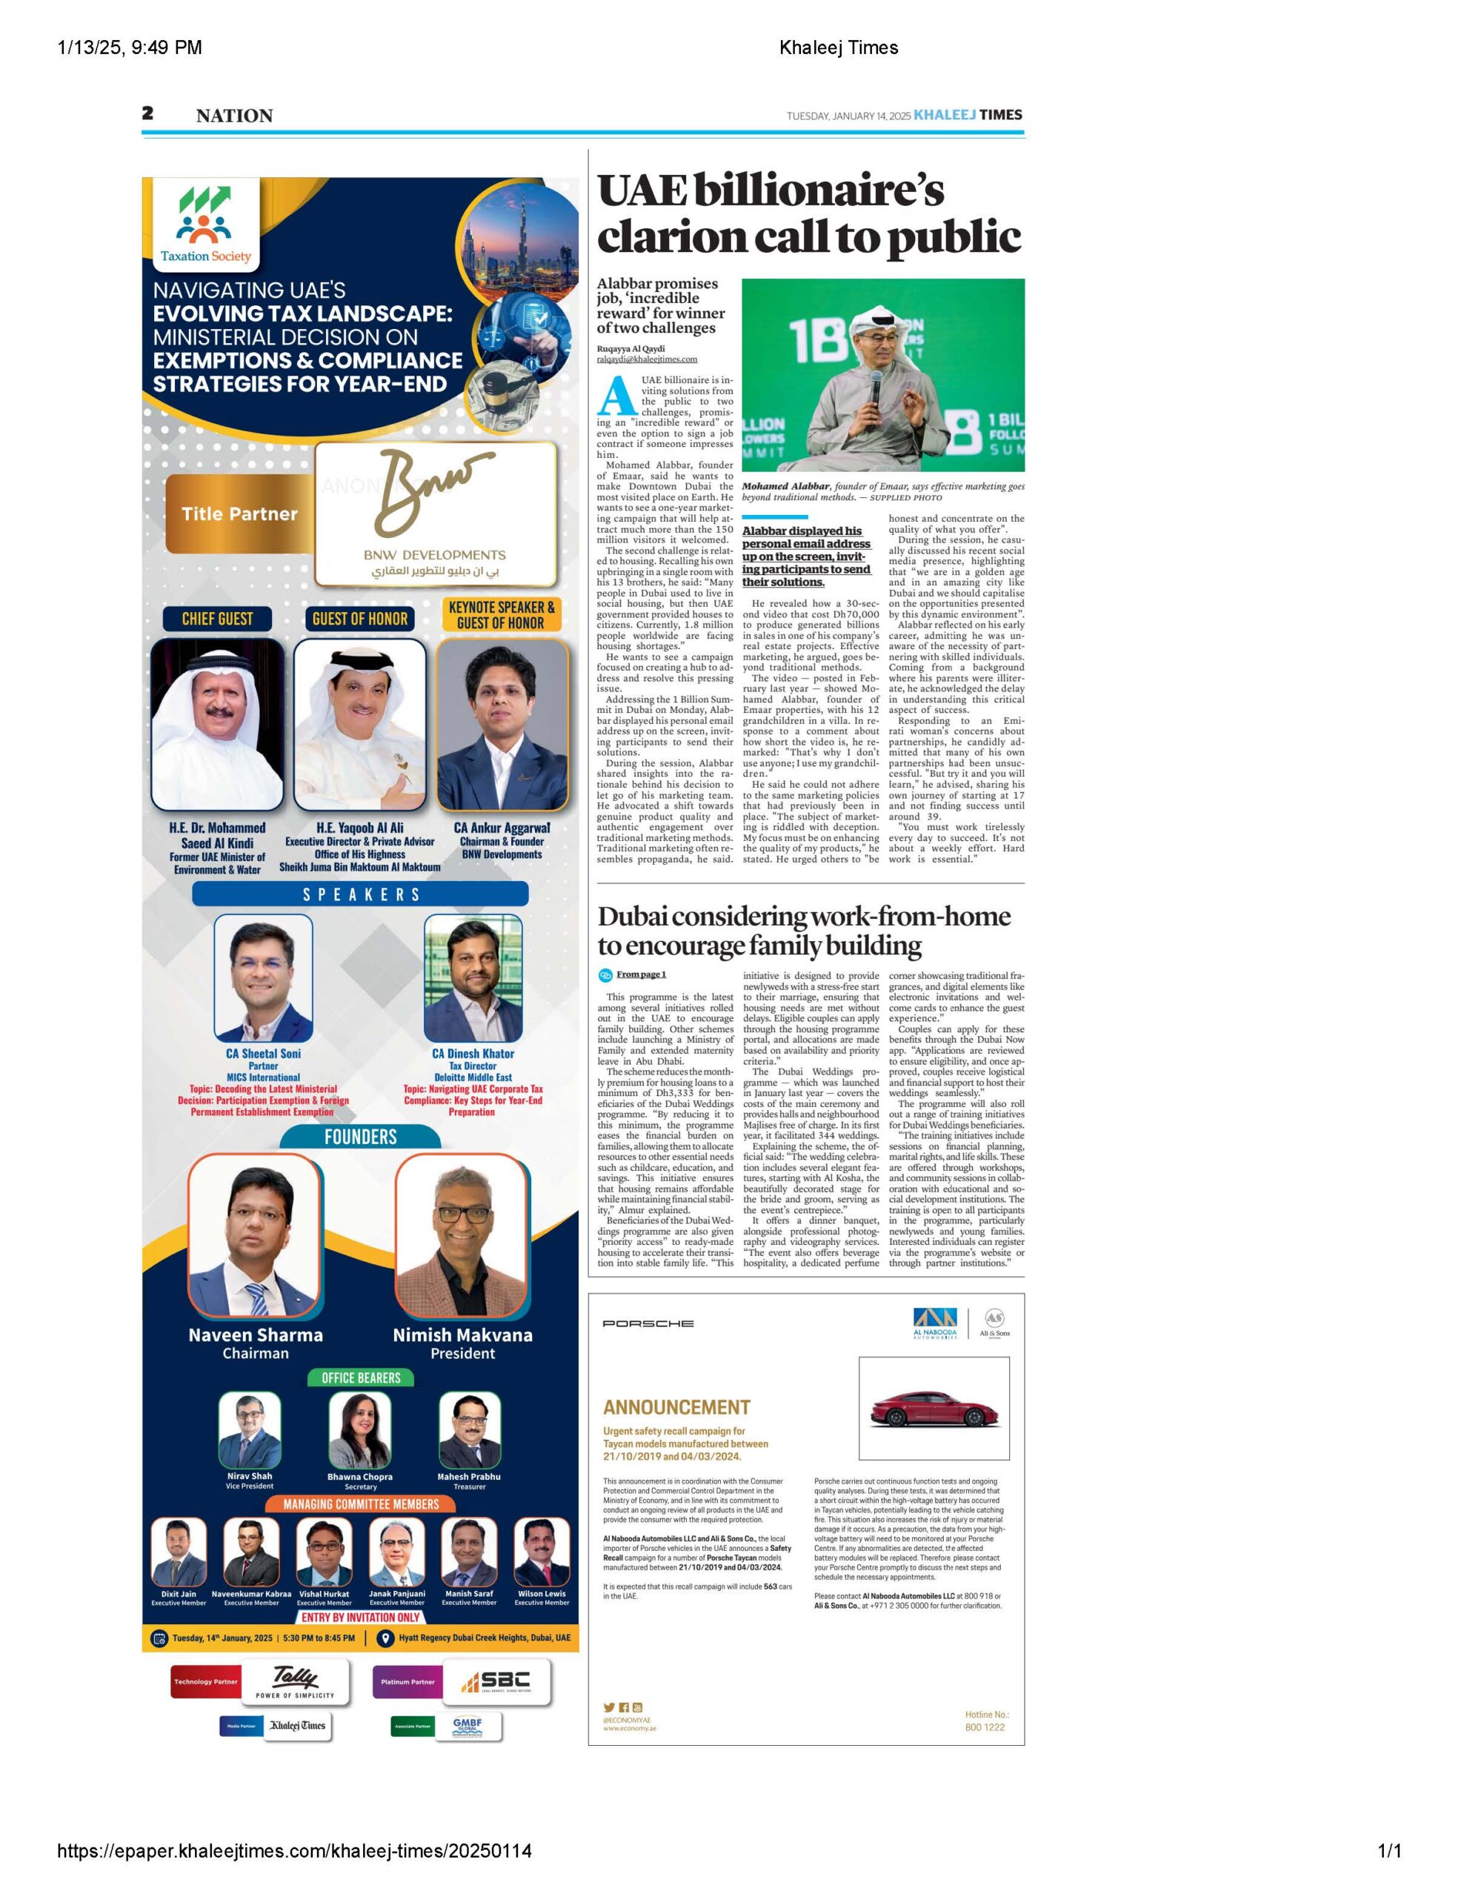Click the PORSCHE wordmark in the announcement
coord(648,1323)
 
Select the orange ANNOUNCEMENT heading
coord(676,1407)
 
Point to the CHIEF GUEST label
coord(217,619)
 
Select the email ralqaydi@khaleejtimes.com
coord(646,359)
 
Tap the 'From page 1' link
coord(640,974)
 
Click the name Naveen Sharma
coord(256,1335)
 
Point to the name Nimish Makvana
coord(462,1335)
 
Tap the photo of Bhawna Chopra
coord(359,1431)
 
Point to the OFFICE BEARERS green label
coord(361,1378)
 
